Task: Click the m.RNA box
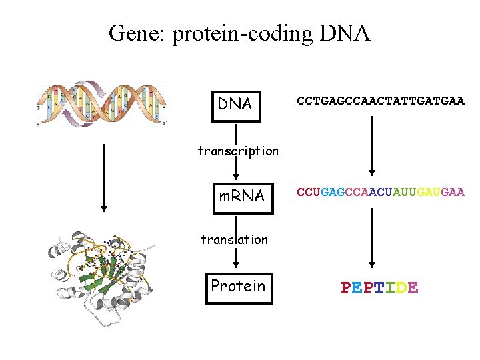[x=242, y=196]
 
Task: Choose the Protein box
[x=239, y=286]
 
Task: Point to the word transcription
[x=238, y=151]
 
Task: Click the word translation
[x=234, y=239]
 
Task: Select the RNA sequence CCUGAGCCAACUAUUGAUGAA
[x=380, y=192]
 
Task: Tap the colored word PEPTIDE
[x=380, y=287]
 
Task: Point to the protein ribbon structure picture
[x=100, y=277]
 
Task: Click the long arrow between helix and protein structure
[x=103, y=176]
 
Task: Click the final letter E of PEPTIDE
[x=413, y=287]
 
